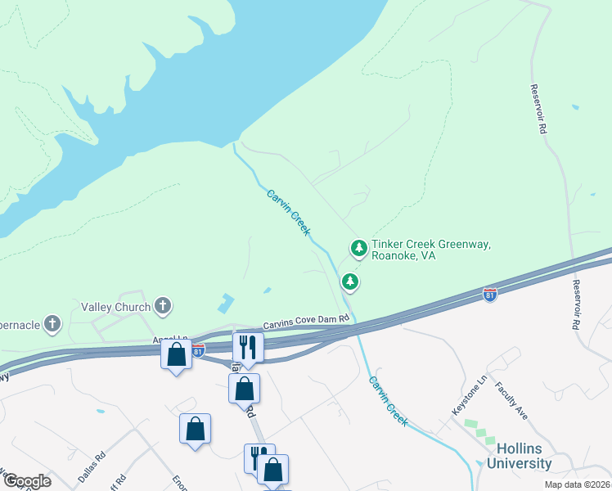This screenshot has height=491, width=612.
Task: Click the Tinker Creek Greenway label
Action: point(430,250)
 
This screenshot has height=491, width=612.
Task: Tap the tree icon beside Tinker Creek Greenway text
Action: point(358,246)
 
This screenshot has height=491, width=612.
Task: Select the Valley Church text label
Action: point(115,307)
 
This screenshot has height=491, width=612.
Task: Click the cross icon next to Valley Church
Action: point(163,306)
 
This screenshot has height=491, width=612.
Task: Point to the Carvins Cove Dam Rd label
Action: point(306,326)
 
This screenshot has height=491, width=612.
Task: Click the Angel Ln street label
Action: point(170,339)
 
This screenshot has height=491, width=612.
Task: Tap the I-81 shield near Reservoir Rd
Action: point(490,294)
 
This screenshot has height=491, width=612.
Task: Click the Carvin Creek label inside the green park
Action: point(289,212)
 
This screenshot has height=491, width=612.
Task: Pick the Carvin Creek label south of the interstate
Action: point(388,400)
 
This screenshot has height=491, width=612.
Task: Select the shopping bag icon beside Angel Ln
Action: point(176,356)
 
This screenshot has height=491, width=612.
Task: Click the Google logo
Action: point(27,481)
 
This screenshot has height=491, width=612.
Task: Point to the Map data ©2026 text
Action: point(578,484)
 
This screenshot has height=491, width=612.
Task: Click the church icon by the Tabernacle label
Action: point(53,322)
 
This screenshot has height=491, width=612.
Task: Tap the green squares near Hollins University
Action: point(474,431)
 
